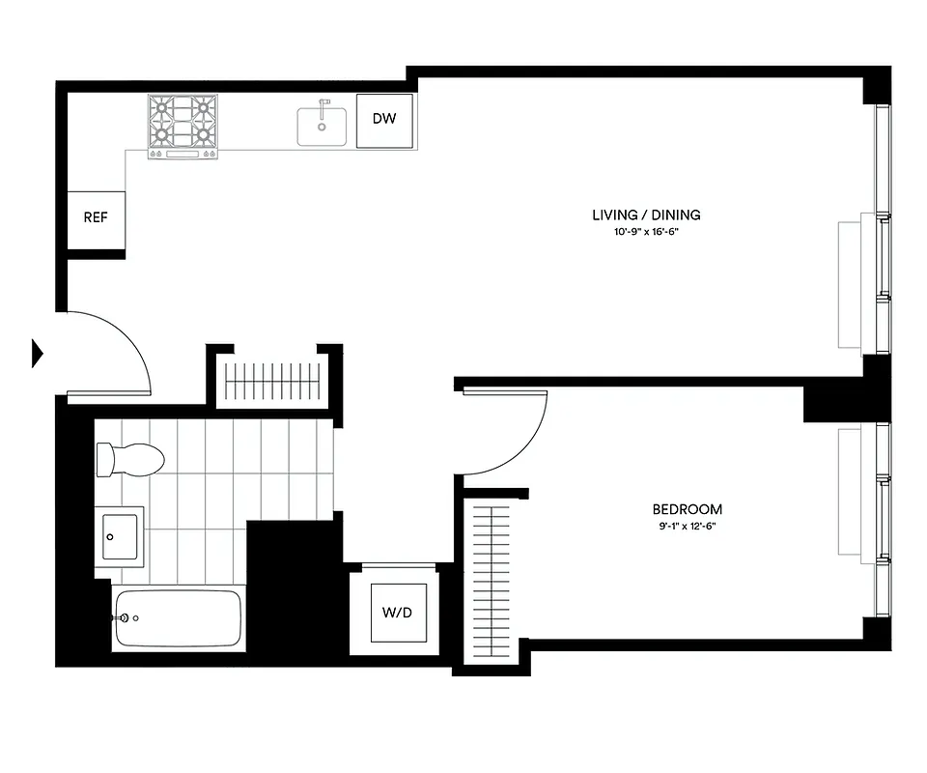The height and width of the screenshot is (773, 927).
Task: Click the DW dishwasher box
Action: coord(384,121)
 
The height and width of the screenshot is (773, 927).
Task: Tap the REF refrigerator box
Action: coord(96,218)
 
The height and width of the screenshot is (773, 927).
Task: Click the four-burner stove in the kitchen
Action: coord(182,126)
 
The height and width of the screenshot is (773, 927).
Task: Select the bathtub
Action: coord(178,618)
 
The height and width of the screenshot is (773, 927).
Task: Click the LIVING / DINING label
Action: coord(646,215)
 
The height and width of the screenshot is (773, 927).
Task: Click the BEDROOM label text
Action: coord(687,509)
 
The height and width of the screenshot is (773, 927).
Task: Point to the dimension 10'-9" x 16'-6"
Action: coord(646,233)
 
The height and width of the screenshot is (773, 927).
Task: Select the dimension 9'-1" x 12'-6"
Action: coord(687,527)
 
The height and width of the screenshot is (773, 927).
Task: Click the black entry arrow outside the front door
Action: coord(38,353)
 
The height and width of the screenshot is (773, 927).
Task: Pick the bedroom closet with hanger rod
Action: coord(492,580)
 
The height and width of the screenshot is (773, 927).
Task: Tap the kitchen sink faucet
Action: coord(324,104)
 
